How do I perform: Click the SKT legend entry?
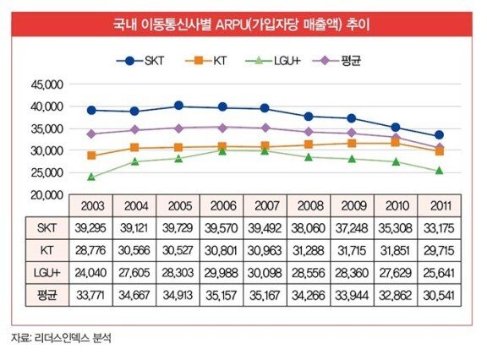[x=140, y=61]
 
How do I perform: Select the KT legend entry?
[x=205, y=61]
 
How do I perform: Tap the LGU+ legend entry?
[x=273, y=61]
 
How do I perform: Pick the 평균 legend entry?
[x=337, y=61]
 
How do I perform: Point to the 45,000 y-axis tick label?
[x=47, y=85]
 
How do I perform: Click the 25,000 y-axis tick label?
[x=47, y=173]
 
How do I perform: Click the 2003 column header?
[x=92, y=205]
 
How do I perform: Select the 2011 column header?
[x=440, y=205]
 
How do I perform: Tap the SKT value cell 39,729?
[x=178, y=228]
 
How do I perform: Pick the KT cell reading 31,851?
[x=395, y=250]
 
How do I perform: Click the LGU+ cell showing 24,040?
[x=90, y=273]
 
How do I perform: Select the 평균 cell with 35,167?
[x=265, y=295]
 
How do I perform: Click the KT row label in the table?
[x=47, y=250]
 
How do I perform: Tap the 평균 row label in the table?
[x=47, y=295]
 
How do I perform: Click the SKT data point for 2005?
[x=178, y=106]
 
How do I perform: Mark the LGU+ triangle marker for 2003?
[x=91, y=177]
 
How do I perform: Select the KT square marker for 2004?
[x=134, y=147]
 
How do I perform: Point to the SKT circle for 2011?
[x=439, y=135]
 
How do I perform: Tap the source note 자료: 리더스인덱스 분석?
[x=61, y=338]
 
